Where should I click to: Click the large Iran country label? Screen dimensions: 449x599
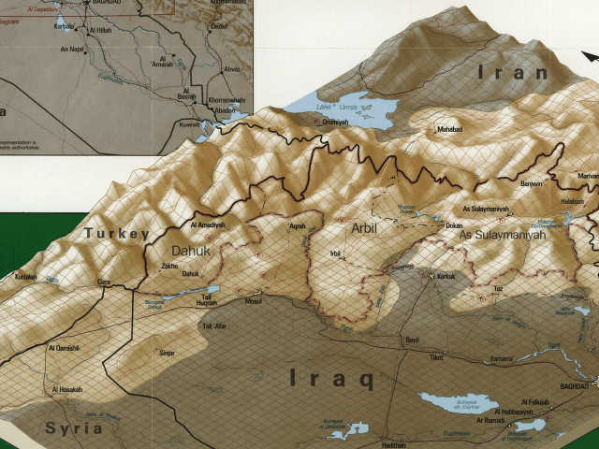(x=512, y=72)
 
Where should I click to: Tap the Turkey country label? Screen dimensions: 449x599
(x=116, y=233)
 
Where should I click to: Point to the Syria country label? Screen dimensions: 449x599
(x=74, y=427)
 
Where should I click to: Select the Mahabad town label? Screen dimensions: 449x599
(x=449, y=129)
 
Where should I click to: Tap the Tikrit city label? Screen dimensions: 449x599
(x=435, y=358)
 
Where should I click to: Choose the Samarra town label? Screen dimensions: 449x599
(x=501, y=358)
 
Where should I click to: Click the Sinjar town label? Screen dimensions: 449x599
(x=167, y=353)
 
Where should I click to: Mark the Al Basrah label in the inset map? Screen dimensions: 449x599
(x=187, y=95)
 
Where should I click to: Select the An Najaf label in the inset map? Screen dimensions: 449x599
(x=72, y=49)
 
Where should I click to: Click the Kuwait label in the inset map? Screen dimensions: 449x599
(x=190, y=123)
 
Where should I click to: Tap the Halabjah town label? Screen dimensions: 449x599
(x=572, y=201)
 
